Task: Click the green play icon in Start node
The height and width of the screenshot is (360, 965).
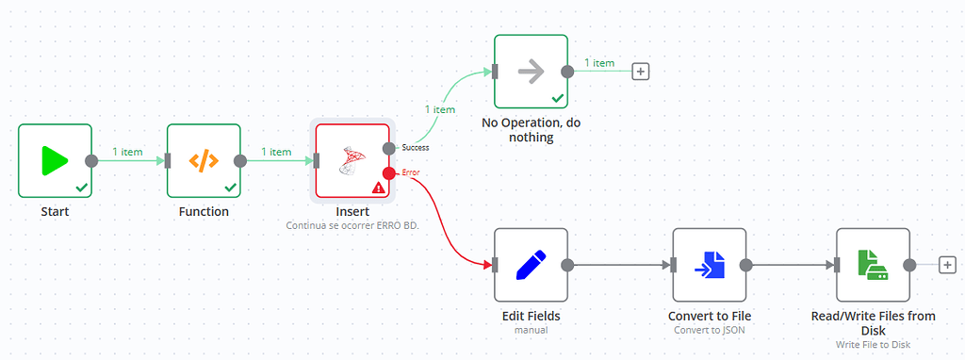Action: click(x=54, y=160)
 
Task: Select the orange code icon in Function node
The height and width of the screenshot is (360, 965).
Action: click(x=204, y=160)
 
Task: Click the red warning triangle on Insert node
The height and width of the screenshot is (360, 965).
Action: click(x=378, y=188)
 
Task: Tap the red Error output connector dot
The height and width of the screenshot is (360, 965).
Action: click(x=388, y=172)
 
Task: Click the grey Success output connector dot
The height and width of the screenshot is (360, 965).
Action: click(x=388, y=148)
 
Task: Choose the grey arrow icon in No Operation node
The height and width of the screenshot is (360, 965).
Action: click(x=531, y=72)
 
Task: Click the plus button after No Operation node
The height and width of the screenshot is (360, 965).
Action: click(x=641, y=72)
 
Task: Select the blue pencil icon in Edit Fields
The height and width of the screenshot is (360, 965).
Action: click(x=531, y=265)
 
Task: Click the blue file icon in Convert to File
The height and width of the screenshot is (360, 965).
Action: click(x=709, y=265)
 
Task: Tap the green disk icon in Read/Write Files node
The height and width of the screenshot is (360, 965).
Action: click(x=873, y=265)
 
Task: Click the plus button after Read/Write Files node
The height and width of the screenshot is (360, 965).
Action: click(x=947, y=265)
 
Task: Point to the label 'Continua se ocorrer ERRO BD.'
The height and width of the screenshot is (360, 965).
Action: click(x=352, y=226)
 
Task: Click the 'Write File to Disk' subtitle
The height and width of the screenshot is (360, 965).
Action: click(x=873, y=345)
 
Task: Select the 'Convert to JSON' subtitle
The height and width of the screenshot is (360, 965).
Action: click(x=709, y=331)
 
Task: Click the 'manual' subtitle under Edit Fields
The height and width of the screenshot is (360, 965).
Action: click(x=531, y=331)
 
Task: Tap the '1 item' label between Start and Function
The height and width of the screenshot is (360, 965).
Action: click(x=128, y=151)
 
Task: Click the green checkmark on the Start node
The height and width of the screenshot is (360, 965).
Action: click(x=82, y=188)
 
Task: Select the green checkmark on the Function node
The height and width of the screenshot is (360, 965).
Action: click(x=231, y=188)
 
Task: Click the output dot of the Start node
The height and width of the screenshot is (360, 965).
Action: click(x=91, y=160)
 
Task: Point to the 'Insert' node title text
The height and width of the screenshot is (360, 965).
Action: click(x=352, y=211)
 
